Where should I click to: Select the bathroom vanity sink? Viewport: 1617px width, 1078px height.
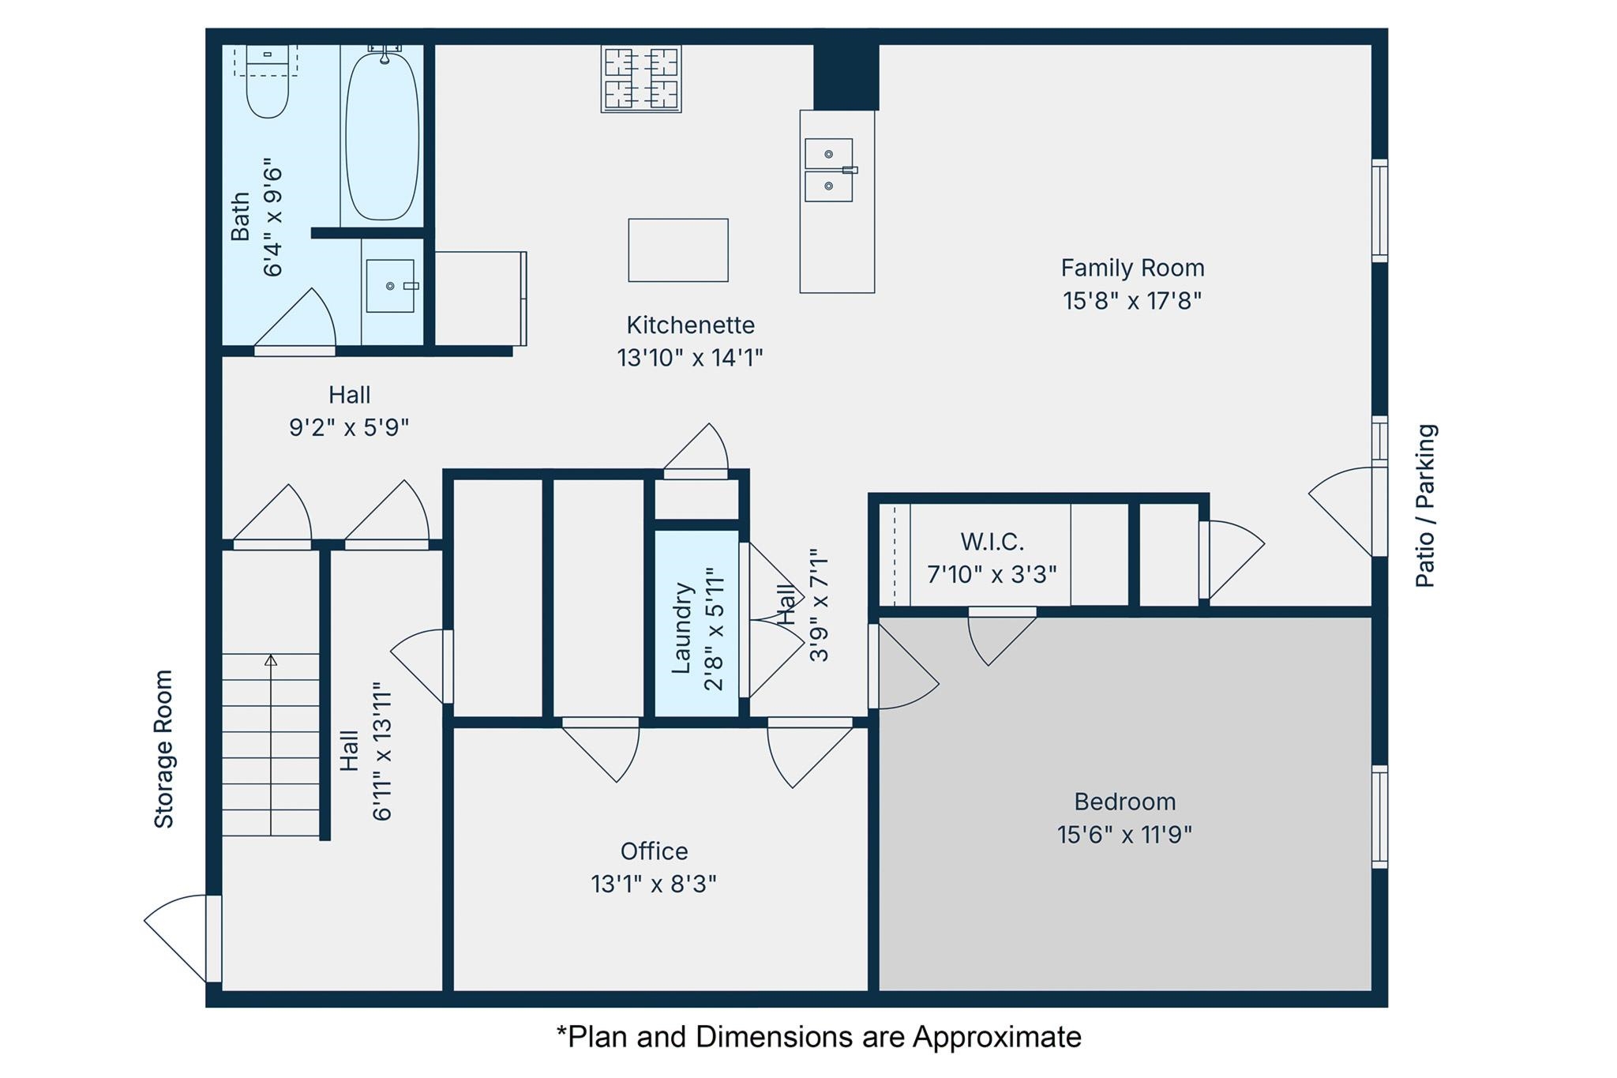[390, 286]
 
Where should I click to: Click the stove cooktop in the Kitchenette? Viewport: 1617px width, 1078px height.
[641, 78]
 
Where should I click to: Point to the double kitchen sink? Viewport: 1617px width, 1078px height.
[828, 170]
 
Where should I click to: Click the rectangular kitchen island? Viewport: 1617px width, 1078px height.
[677, 250]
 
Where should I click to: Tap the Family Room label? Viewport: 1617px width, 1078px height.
[1131, 269]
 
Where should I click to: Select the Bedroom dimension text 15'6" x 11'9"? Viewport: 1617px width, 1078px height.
[1124, 835]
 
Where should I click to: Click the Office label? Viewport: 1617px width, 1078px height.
[654, 851]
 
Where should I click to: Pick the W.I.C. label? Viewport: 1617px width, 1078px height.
[992, 542]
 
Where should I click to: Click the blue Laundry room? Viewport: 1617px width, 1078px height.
[696, 624]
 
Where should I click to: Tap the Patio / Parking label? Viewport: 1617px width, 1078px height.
[1425, 505]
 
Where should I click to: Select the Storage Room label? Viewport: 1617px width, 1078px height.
[163, 749]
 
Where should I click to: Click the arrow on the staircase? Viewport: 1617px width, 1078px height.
[271, 660]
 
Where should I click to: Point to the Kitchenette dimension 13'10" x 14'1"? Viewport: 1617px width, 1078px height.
[689, 358]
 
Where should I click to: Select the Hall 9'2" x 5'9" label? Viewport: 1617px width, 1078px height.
[349, 411]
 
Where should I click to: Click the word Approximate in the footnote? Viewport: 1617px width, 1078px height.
[996, 1036]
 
